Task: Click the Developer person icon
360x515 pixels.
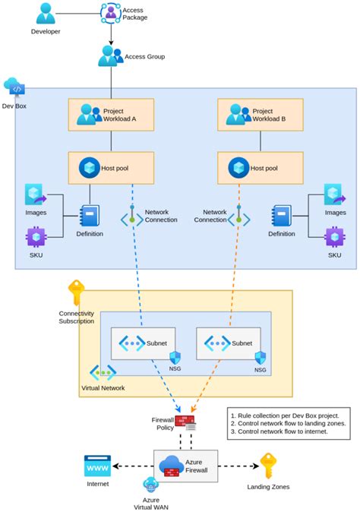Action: [x=46, y=14]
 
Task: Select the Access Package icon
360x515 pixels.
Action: [x=111, y=11]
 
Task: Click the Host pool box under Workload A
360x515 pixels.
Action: [x=111, y=167]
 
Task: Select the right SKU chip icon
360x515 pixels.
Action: [x=334, y=239]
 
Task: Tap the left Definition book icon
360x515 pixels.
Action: [x=89, y=216]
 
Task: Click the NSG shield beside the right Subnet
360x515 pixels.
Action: [x=261, y=358]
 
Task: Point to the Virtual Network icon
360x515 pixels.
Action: [x=103, y=373]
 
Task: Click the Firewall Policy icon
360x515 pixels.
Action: [x=185, y=422]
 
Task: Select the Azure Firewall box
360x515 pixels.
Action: [x=186, y=466]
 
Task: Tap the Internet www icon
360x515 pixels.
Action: [x=97, y=465]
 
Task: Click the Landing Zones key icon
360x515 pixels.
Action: [x=268, y=465]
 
